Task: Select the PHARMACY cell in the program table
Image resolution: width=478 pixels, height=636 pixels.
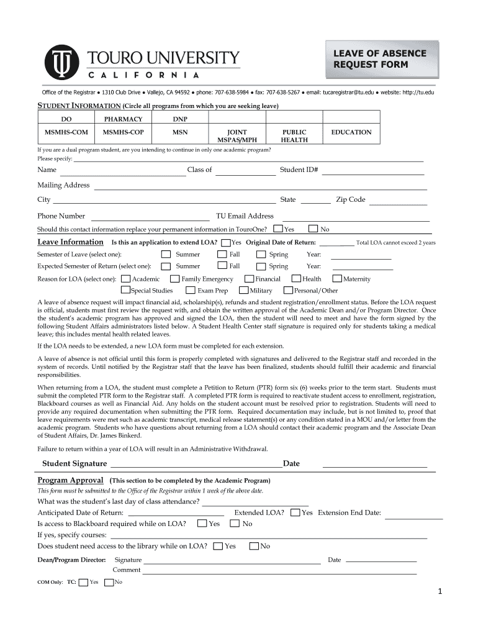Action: tap(123, 119)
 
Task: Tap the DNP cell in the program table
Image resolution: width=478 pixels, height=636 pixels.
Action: tap(180, 119)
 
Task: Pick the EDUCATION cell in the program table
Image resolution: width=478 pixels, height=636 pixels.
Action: tap(351, 132)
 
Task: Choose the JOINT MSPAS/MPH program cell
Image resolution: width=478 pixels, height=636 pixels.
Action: tap(237, 136)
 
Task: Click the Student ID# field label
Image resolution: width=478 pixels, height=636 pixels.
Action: tap(299, 170)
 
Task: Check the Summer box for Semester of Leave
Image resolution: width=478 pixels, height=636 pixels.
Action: tap(166, 254)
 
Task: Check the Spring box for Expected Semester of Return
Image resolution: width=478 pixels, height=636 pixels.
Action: tap(261, 266)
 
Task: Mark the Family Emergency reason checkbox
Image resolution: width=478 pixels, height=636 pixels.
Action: tap(176, 279)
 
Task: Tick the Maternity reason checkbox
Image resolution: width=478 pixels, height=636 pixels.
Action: tap(338, 279)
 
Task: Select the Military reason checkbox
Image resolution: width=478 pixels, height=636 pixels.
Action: tap(244, 290)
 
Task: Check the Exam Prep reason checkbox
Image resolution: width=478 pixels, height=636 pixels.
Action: tap(191, 290)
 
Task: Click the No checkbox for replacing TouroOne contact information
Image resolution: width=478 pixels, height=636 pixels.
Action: tap(313, 229)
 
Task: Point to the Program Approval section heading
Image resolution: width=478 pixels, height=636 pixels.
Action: tap(70, 480)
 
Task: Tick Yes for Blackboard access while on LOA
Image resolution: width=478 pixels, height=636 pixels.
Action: tap(202, 524)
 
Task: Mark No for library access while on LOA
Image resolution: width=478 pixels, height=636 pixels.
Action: tap(254, 546)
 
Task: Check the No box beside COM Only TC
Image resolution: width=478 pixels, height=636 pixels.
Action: tap(109, 582)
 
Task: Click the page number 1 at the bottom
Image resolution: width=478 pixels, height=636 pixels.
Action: tap(439, 592)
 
